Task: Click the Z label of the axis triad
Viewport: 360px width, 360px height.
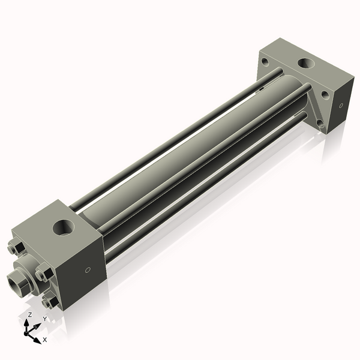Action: pyautogui.click(x=30, y=315)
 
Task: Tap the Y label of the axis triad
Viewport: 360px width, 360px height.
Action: pyautogui.click(x=44, y=319)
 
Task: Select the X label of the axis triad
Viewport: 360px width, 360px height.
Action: pyautogui.click(x=44, y=340)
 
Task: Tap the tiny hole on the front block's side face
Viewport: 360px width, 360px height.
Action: pyautogui.click(x=88, y=271)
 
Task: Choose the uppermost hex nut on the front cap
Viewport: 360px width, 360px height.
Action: pyautogui.click(x=16, y=248)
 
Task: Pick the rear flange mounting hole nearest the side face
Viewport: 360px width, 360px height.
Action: pyautogui.click(x=325, y=94)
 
